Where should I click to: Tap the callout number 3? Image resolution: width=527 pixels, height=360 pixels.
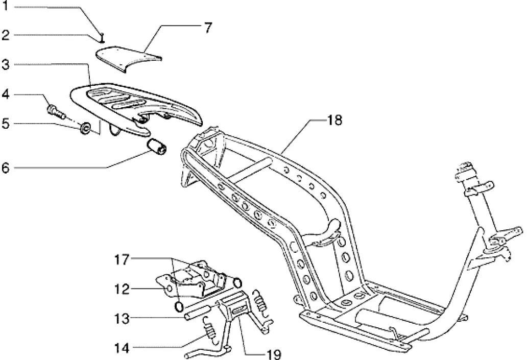click(6, 65)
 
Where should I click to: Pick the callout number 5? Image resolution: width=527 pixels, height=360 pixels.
click(6, 124)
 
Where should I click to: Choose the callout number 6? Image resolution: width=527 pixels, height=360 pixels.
click(6, 167)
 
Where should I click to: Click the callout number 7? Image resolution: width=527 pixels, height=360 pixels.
click(208, 28)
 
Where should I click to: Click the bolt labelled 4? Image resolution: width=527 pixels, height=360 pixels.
click(54, 110)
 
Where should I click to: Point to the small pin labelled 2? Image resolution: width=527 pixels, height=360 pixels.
click(103, 36)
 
